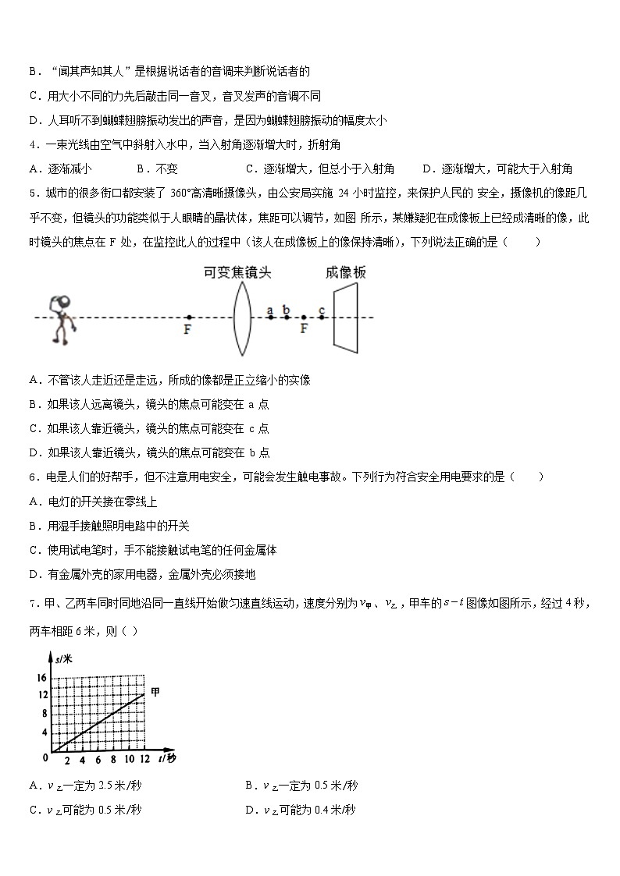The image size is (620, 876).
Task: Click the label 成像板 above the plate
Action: (345, 272)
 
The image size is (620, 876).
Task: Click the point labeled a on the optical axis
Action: (270, 317)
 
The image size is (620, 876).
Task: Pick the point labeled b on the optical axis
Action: (287, 317)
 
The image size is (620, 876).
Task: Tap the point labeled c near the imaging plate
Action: (322, 317)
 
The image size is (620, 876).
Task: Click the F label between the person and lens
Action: (187, 330)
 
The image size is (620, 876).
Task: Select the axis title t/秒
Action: (166, 759)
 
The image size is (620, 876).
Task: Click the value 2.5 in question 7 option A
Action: (86, 786)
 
